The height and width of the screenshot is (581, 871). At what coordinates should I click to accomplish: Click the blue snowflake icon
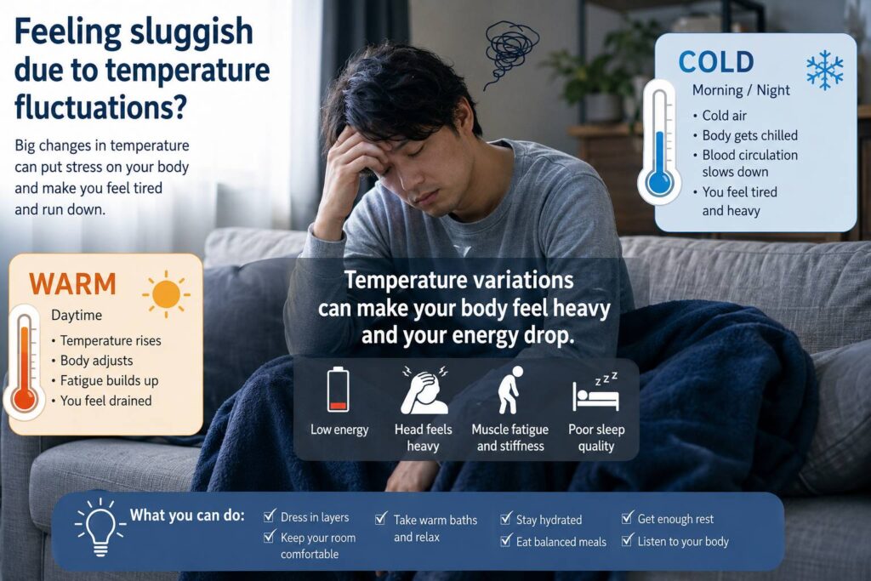pos(824,70)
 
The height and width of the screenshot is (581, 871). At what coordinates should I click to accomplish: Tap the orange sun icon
pos(166,293)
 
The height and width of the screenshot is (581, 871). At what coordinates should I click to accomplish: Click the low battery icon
pos(339,389)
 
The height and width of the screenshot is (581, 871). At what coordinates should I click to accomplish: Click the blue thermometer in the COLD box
pos(660,142)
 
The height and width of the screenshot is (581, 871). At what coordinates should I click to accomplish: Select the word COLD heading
pos(716,61)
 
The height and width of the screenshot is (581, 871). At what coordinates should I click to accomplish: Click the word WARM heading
pos(73,284)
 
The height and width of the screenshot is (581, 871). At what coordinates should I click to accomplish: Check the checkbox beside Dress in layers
pos(270,516)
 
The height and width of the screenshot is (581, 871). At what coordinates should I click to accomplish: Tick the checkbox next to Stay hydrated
pos(505,518)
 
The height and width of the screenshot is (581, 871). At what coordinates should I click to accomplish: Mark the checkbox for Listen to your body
pos(627,539)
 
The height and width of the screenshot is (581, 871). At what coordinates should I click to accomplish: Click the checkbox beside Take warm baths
pos(381,518)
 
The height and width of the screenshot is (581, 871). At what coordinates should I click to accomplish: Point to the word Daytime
pos(77,315)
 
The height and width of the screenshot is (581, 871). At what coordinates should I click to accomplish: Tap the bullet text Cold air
pos(724,116)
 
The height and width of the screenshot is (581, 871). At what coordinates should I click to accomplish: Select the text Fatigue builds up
pos(110,380)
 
